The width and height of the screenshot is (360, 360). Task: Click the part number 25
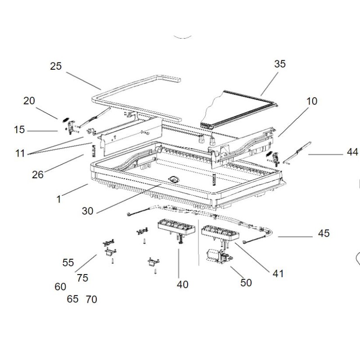click(x=56, y=67)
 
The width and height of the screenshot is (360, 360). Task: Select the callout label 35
click(x=280, y=64)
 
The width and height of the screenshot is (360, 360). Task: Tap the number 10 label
click(x=311, y=101)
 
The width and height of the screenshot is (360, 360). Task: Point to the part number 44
click(x=353, y=153)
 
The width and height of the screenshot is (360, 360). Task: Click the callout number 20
click(x=29, y=101)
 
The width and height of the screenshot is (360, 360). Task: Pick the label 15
click(x=19, y=130)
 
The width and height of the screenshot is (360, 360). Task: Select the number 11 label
click(x=19, y=153)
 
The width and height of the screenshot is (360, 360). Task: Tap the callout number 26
click(x=38, y=175)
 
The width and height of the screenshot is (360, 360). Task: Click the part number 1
click(x=58, y=198)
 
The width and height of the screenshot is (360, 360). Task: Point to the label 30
click(x=88, y=211)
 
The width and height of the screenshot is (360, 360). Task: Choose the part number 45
click(x=324, y=233)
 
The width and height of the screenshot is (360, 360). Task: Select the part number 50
click(x=246, y=283)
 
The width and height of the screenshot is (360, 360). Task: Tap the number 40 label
click(x=183, y=284)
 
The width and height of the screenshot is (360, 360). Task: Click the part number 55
click(x=68, y=263)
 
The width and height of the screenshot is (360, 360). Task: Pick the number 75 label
click(x=82, y=278)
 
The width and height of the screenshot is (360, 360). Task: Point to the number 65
click(x=72, y=299)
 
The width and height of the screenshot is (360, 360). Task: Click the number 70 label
click(x=91, y=299)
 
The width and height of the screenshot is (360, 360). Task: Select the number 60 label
click(x=60, y=287)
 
